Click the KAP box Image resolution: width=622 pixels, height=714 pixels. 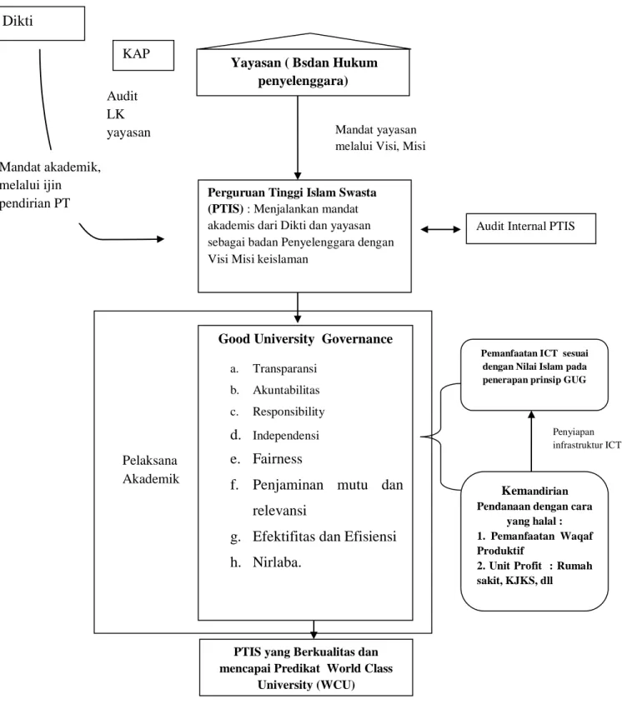(x=143, y=55)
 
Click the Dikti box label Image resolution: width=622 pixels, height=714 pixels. (x=18, y=21)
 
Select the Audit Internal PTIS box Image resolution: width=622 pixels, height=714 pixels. (x=530, y=228)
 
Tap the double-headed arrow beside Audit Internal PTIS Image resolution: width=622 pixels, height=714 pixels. (x=440, y=229)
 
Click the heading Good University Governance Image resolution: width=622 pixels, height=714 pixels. (x=305, y=339)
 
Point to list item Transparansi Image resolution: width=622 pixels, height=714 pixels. (x=285, y=368)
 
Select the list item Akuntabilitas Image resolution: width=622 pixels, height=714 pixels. (x=286, y=390)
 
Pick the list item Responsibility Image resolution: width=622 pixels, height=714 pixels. (x=288, y=412)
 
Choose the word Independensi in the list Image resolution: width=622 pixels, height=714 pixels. (x=286, y=436)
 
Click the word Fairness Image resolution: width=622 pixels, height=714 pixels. (x=278, y=458)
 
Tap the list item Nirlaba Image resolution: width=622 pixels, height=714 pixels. (x=277, y=562)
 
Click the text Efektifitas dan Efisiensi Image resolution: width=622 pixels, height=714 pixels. (x=324, y=537)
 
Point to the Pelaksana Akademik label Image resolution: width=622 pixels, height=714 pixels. (x=150, y=469)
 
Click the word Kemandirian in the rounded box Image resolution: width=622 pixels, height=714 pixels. (x=534, y=491)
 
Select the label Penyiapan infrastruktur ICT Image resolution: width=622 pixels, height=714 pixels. (x=587, y=438)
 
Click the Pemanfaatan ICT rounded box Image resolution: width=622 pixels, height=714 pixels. (x=534, y=374)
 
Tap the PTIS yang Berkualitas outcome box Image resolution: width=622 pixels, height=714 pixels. (x=306, y=667)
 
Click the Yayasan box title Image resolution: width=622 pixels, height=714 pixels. (x=303, y=72)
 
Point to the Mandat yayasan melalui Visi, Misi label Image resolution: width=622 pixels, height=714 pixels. (x=380, y=137)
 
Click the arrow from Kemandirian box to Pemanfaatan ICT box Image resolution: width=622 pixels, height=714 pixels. (x=531, y=441)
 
